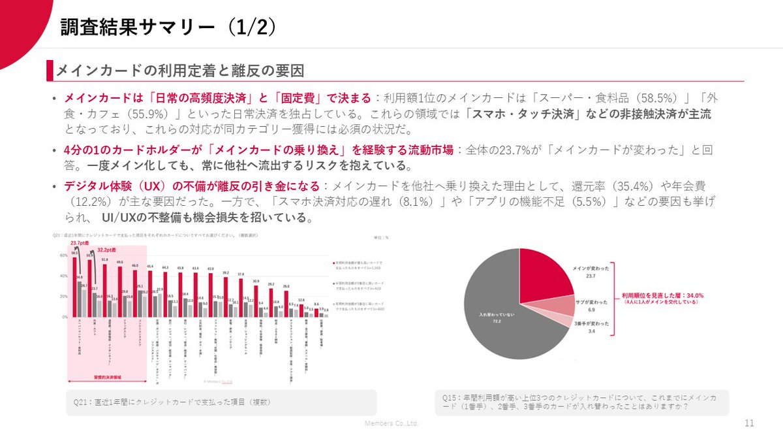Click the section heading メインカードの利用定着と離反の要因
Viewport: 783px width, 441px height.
pyautogui.click(x=180, y=70)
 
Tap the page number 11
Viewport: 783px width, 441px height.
pyautogui.click(x=748, y=423)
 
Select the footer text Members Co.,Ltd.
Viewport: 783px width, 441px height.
pyautogui.click(x=391, y=423)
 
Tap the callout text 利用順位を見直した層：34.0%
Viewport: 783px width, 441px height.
pyautogui.click(x=662, y=295)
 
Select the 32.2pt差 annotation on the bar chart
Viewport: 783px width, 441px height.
pyautogui.click(x=107, y=249)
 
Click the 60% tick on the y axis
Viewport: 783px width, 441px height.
pyautogui.click(x=63, y=256)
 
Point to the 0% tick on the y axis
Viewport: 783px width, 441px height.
pyautogui.click(x=64, y=317)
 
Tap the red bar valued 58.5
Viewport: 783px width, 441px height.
pyautogui.click(x=74, y=287)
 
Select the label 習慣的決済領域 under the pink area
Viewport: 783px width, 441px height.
pyautogui.click(x=108, y=378)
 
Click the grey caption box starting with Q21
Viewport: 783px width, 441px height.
pyautogui.click(x=222, y=402)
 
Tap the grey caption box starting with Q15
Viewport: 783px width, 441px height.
pyautogui.click(x=581, y=401)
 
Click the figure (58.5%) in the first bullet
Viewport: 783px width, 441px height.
pyautogui.click(x=630, y=98)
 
